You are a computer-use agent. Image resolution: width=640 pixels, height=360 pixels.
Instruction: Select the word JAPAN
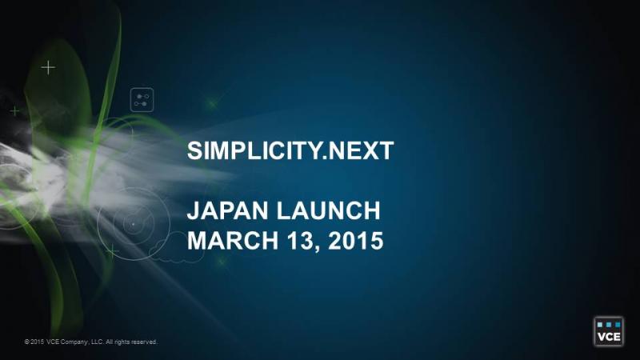click(x=228, y=210)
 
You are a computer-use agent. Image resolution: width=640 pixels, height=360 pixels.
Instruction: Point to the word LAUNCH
click(x=329, y=210)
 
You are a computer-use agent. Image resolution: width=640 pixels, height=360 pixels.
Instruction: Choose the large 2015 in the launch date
click(x=355, y=241)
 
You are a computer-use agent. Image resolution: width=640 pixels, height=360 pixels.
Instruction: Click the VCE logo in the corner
click(x=609, y=331)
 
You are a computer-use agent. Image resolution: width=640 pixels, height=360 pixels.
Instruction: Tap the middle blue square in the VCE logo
click(x=609, y=325)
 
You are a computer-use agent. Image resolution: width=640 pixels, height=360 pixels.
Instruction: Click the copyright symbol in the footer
click(x=26, y=342)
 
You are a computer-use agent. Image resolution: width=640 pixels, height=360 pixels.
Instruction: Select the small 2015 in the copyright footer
click(x=37, y=342)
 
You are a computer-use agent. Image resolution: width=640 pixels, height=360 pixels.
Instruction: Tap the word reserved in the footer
click(x=145, y=342)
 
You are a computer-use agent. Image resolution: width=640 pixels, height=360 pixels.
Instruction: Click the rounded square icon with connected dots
click(x=142, y=99)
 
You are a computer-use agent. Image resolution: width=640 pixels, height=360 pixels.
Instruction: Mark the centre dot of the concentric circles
click(x=133, y=224)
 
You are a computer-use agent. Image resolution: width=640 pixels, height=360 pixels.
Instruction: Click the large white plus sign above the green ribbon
click(x=48, y=67)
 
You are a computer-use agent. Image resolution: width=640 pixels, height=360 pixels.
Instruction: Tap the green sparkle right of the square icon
click(x=212, y=104)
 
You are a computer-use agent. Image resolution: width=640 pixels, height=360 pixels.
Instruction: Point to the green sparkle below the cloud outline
click(x=222, y=261)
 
